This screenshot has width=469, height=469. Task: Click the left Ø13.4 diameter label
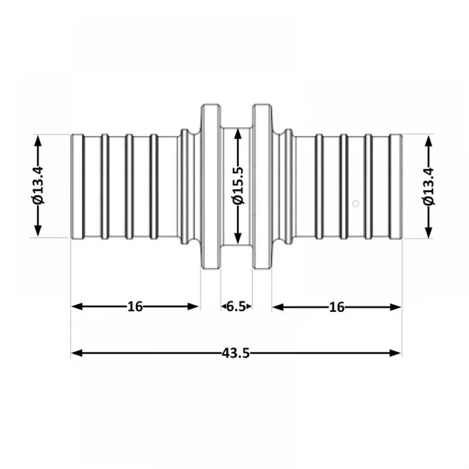[x=38, y=186]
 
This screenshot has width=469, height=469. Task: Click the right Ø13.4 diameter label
[x=428, y=187]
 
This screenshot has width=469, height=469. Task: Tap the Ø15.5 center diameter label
[x=238, y=186]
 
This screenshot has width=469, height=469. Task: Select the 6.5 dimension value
[x=236, y=307]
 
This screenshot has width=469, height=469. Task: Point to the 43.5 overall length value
[x=236, y=353]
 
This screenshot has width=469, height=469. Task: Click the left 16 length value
[x=135, y=307]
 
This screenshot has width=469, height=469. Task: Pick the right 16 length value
[x=337, y=307]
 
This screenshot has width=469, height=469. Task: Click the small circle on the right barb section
[x=356, y=204]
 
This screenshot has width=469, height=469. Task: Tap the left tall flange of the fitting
[x=211, y=187]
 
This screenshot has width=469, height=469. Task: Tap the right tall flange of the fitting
[x=262, y=187]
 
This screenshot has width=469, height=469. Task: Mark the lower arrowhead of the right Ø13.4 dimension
[x=429, y=233]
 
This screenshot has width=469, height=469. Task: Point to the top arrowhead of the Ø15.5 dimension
[x=238, y=134]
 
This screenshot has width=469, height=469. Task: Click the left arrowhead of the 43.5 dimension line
[x=77, y=353]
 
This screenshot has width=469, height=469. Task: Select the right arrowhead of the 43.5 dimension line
[x=395, y=353]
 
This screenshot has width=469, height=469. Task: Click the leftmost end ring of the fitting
[x=78, y=187]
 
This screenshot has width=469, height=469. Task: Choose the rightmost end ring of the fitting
[x=396, y=187]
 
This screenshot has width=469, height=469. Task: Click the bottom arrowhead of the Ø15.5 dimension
[x=238, y=238]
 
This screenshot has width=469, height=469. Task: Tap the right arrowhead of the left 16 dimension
[x=193, y=307]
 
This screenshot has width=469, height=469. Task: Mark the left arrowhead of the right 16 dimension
[x=278, y=307]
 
